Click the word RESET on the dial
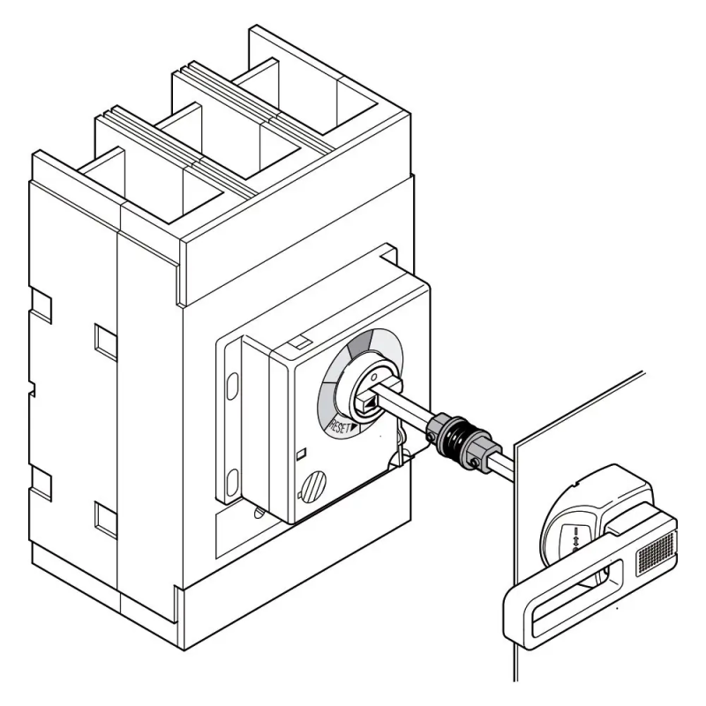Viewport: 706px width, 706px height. coord(340,427)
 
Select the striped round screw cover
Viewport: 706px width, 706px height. coord(314,488)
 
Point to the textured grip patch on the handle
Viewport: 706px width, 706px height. coord(655,554)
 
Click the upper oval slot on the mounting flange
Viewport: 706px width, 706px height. coord(232,386)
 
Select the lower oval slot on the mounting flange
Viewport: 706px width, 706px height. coord(232,482)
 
